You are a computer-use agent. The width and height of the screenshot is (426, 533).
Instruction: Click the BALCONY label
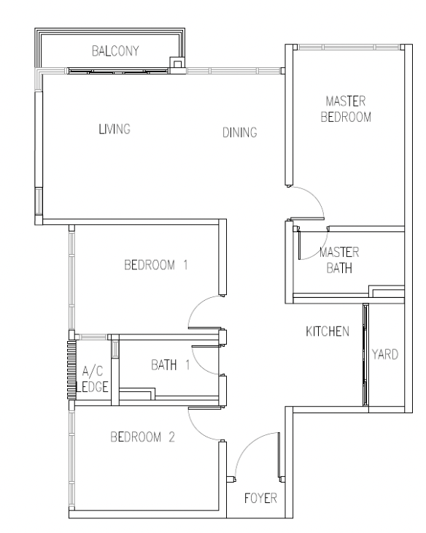click(x=115, y=51)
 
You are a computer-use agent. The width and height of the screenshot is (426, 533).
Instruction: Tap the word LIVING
click(x=115, y=129)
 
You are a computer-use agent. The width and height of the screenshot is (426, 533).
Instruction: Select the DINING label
click(x=240, y=132)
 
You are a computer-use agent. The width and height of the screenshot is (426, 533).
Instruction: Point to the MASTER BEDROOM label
click(x=346, y=109)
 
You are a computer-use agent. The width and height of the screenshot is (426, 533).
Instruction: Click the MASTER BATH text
click(x=339, y=260)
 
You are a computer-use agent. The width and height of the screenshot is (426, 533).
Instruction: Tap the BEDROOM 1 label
click(x=156, y=265)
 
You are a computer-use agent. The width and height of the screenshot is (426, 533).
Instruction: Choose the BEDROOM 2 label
click(x=143, y=437)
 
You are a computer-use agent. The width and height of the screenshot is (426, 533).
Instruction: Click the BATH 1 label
click(x=171, y=365)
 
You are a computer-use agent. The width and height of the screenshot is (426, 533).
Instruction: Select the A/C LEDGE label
click(x=92, y=379)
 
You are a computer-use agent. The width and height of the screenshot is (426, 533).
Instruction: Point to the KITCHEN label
click(x=328, y=331)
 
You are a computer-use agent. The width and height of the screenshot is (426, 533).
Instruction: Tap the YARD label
click(x=385, y=355)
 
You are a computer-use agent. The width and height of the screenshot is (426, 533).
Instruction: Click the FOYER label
click(x=260, y=499)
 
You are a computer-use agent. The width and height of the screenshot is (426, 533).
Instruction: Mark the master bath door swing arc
click(x=319, y=252)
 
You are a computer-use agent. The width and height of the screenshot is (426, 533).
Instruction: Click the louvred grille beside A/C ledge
click(x=71, y=369)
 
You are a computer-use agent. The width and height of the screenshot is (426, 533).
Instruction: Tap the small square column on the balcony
click(x=177, y=63)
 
